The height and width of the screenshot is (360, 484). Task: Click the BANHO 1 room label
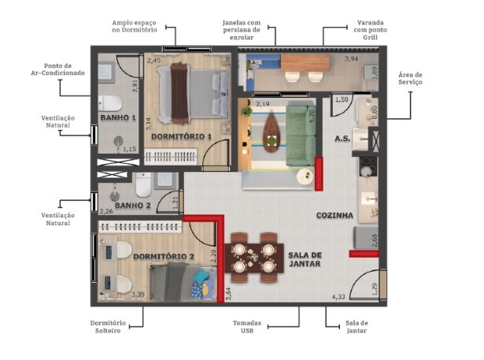(118, 118)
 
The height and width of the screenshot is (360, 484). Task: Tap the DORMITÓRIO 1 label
(182, 136)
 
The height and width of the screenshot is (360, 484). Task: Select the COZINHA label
(334, 215)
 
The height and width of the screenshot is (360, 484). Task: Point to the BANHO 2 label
(131, 206)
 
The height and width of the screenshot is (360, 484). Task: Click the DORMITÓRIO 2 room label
(163, 256)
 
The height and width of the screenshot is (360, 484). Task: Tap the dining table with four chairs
(256, 255)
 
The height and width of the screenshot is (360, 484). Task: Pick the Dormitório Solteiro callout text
(105, 327)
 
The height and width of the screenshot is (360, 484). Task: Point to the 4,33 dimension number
(338, 296)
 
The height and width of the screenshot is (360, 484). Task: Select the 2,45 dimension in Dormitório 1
(153, 61)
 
